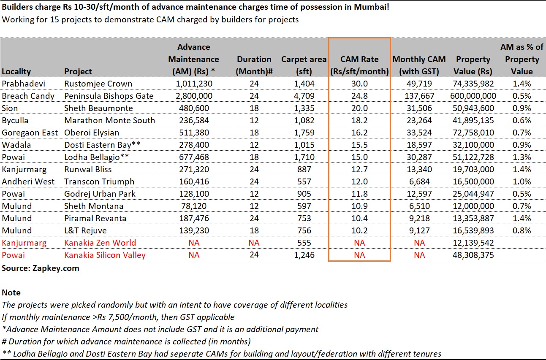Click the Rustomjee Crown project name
(98, 84)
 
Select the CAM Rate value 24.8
(359, 96)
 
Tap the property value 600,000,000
(473, 96)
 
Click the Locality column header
(16, 71)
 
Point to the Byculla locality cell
(15, 120)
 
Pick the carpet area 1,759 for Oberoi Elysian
(304, 133)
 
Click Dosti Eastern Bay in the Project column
(102, 145)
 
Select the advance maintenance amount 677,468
(194, 157)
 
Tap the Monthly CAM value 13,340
(419, 169)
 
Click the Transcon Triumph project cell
(99, 181)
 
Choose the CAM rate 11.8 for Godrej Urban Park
(359, 194)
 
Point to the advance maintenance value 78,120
(194, 206)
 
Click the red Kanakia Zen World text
(100, 243)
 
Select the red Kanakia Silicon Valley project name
(105, 255)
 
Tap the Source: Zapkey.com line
(41, 268)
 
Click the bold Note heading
(11, 292)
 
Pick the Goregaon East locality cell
(30, 133)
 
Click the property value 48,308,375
(473, 255)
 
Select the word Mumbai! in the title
(372, 7)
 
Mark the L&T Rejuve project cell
(85, 230)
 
